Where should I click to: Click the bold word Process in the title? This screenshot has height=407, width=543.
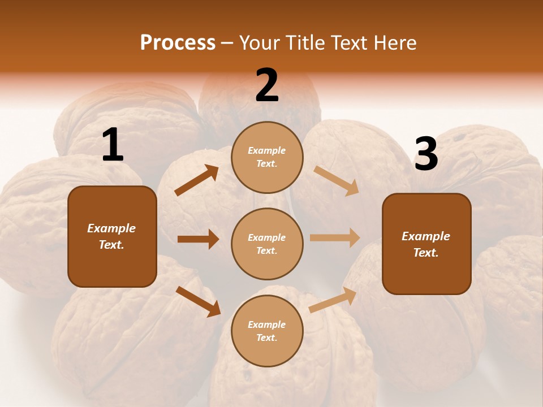point(178,43)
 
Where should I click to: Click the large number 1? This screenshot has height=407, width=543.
point(113,145)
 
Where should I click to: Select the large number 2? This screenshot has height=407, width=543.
point(267,85)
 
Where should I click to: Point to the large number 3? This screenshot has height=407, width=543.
point(426,154)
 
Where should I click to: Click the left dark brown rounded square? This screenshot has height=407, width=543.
point(112,236)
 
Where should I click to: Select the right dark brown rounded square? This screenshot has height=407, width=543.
point(426,244)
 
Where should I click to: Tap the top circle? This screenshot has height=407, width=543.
point(267,157)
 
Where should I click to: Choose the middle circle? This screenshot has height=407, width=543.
point(267,244)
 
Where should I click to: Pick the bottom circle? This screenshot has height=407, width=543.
point(267,331)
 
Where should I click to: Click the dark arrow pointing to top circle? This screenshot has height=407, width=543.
point(197,180)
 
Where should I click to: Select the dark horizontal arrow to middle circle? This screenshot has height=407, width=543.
point(198,239)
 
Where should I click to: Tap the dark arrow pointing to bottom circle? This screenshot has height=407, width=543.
point(199,301)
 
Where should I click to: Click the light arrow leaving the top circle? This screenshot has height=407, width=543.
point(337,181)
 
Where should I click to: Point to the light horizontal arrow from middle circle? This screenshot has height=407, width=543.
point(335,238)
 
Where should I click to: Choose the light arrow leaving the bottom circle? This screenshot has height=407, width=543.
point(333,300)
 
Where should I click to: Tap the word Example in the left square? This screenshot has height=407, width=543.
point(111,228)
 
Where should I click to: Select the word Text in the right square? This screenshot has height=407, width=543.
point(425,253)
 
